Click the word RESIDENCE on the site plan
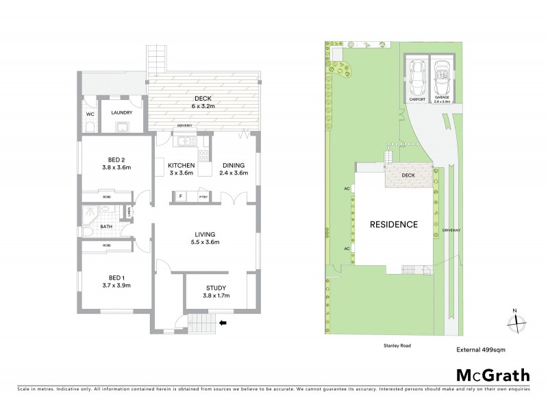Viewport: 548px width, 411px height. click(393, 224)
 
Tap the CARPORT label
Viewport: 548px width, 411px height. click(417, 99)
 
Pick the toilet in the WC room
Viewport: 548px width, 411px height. click(90, 127)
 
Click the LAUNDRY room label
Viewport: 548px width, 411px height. click(122, 114)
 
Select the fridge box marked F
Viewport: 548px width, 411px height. click(180, 197)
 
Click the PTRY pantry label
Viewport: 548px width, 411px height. click(203, 197)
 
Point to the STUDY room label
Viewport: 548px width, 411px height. click(216, 288)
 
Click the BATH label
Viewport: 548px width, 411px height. click(106, 227)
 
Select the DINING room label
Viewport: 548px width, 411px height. click(233, 165)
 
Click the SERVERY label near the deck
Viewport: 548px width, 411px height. click(184, 126)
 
